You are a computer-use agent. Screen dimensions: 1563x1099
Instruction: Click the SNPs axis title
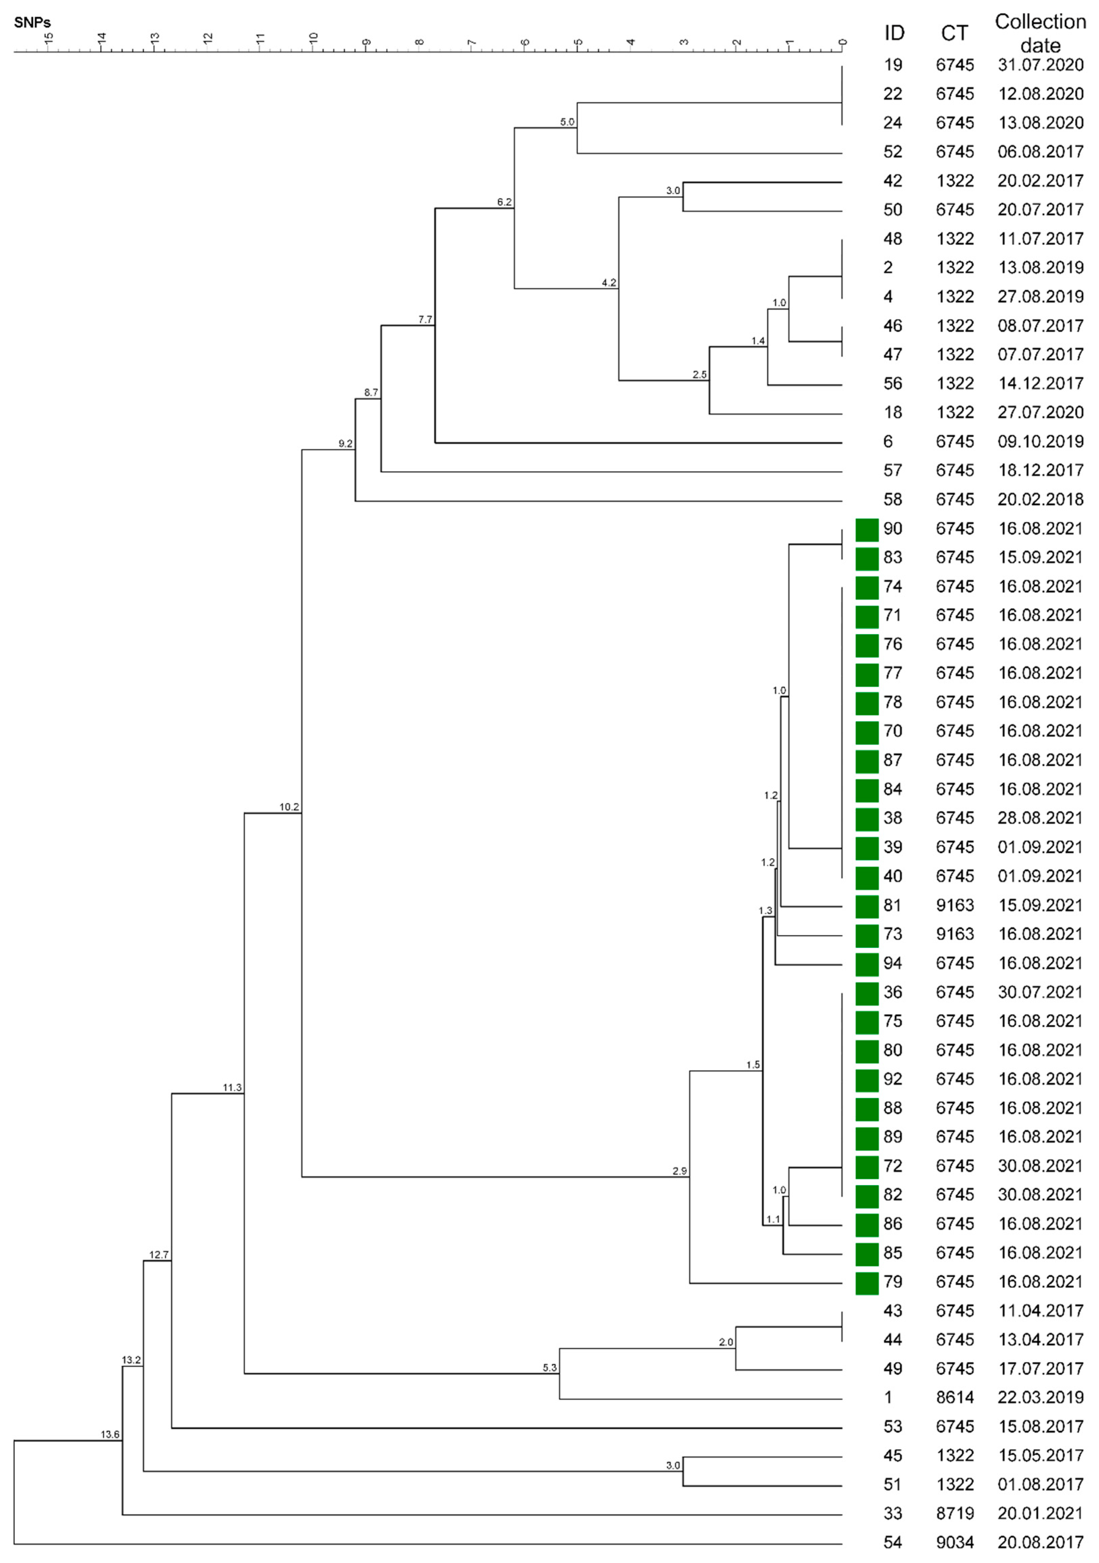click(32, 23)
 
